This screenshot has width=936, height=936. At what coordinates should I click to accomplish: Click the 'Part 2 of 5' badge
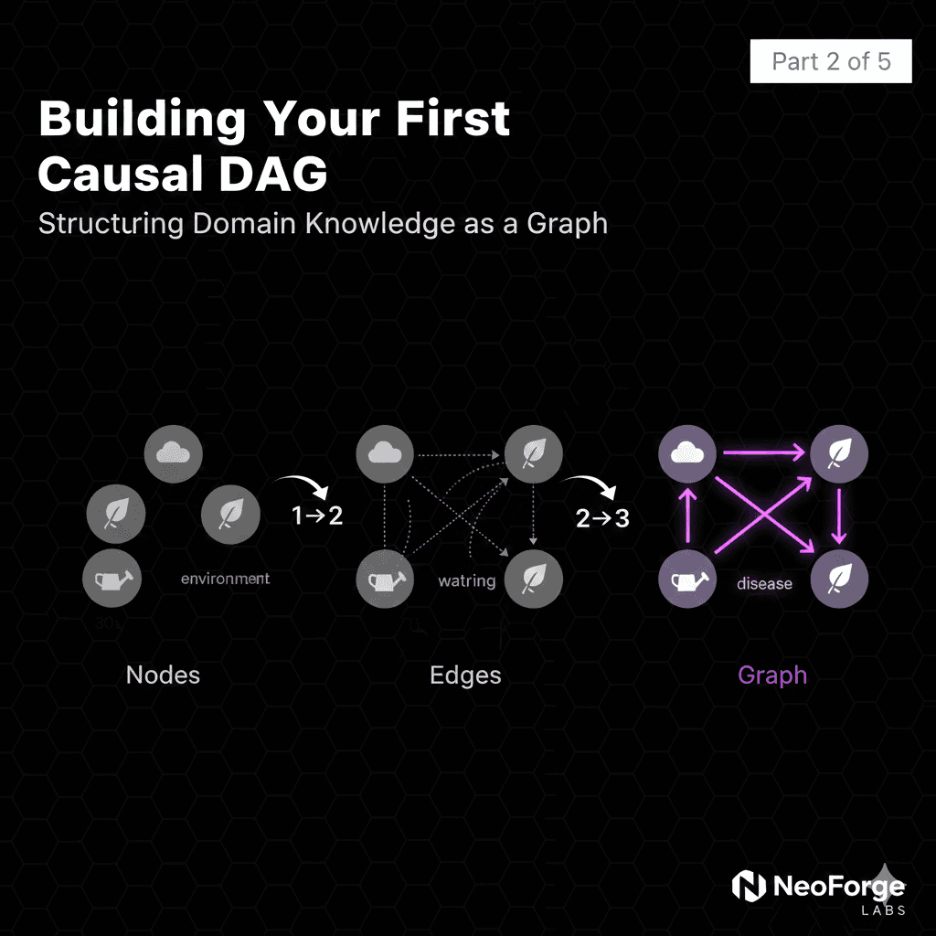(830, 62)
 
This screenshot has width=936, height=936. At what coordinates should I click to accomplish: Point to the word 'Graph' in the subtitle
(568, 224)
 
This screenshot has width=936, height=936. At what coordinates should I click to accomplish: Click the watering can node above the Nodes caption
(112, 579)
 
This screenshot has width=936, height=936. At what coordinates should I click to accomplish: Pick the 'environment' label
(225, 579)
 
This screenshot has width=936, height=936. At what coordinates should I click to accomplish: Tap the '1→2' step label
(316, 516)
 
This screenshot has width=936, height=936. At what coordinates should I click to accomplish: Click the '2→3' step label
(602, 518)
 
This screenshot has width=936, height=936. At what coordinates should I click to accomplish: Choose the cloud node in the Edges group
(385, 452)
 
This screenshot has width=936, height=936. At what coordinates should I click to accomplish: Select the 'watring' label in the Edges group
(466, 580)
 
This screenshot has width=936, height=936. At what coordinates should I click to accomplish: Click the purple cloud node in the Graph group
(688, 452)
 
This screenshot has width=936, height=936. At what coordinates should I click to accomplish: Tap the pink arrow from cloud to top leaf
(762, 452)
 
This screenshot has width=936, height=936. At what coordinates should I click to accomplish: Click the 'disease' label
(764, 583)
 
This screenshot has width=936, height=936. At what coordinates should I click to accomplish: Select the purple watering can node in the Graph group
(688, 580)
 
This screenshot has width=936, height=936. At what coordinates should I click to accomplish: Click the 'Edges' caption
(465, 675)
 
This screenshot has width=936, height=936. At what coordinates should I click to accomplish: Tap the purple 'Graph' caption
(772, 675)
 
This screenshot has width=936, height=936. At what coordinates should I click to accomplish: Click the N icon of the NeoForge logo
(750, 886)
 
